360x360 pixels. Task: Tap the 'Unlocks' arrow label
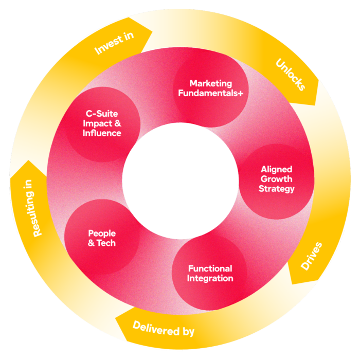[291, 75]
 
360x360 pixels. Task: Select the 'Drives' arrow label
[312, 256]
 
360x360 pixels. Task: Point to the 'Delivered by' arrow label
[163, 328]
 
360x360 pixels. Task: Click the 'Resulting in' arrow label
[32, 208]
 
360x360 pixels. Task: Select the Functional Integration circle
[210, 274]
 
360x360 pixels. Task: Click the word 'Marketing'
[210, 83]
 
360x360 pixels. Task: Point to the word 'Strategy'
[276, 189]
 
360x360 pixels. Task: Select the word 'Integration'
[210, 278]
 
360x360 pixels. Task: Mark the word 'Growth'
[276, 179]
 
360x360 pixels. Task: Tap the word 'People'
[102, 233]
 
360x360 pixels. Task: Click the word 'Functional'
[210, 268]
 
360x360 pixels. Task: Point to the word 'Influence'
[102, 133]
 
